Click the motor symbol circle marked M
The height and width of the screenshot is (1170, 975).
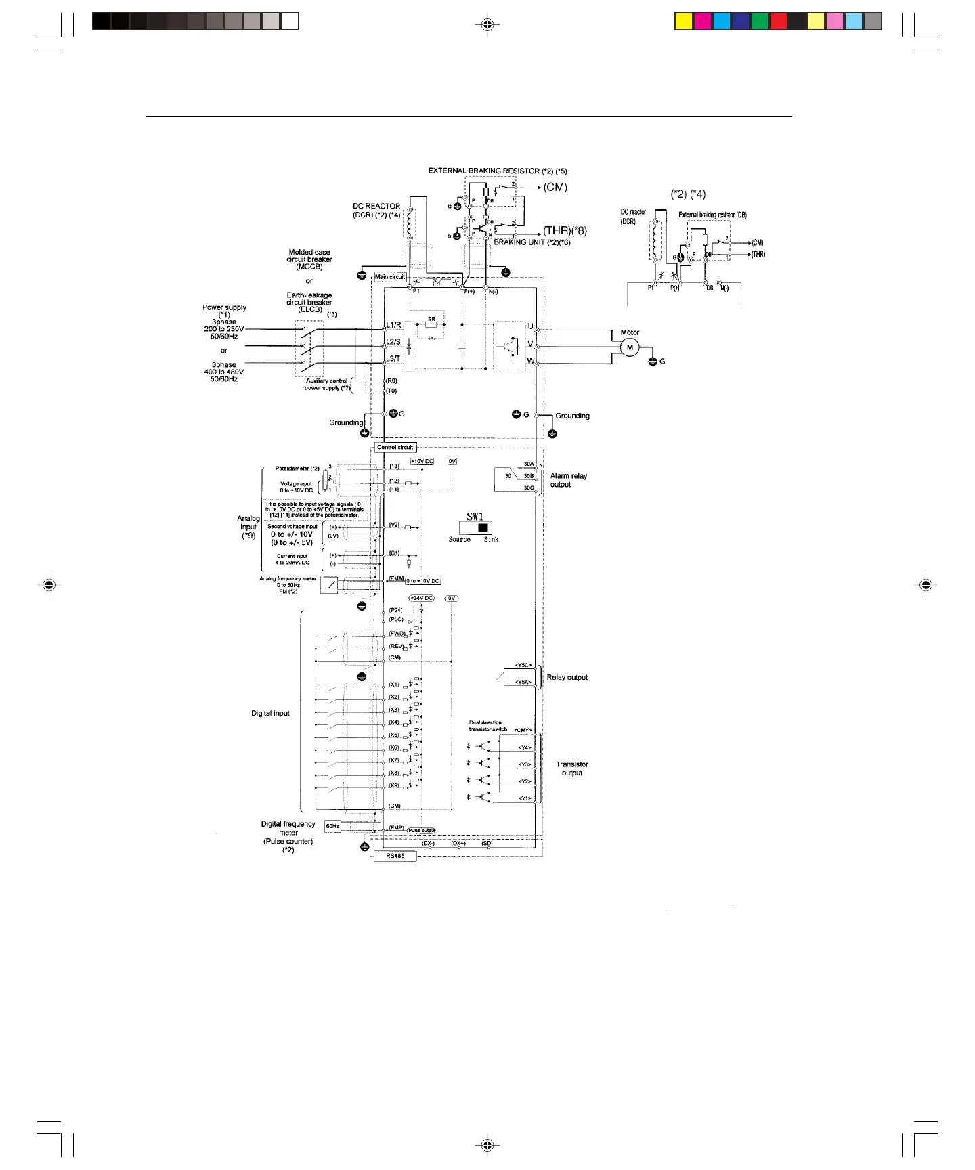click(x=630, y=347)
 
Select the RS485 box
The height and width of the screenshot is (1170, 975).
click(x=395, y=856)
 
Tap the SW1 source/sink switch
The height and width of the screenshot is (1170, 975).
click(x=475, y=527)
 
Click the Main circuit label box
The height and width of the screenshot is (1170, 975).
click(x=390, y=277)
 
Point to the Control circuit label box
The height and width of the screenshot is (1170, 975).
click(x=395, y=448)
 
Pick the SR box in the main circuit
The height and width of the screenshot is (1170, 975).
click(x=431, y=324)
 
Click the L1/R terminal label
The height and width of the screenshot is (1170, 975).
click(x=393, y=326)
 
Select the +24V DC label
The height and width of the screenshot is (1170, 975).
click(x=421, y=599)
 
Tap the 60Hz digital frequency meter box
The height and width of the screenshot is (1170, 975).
click(x=332, y=826)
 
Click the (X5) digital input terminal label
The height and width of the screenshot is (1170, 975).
click(x=394, y=735)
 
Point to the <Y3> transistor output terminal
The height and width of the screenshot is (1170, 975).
click(x=525, y=764)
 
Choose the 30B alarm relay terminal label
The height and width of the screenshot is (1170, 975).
click(x=529, y=476)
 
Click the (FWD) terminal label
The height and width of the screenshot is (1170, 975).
click(x=396, y=634)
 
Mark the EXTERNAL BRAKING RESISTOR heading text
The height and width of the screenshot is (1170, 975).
click(x=498, y=171)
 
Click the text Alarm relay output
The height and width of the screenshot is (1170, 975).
click(x=568, y=480)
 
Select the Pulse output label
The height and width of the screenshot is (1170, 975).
click(x=421, y=831)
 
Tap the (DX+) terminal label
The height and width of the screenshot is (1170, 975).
click(x=458, y=844)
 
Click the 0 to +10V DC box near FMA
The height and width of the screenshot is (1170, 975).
click(x=423, y=581)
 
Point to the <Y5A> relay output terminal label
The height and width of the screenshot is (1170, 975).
click(x=523, y=682)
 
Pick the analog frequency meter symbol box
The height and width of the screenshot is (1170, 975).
click(x=329, y=584)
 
